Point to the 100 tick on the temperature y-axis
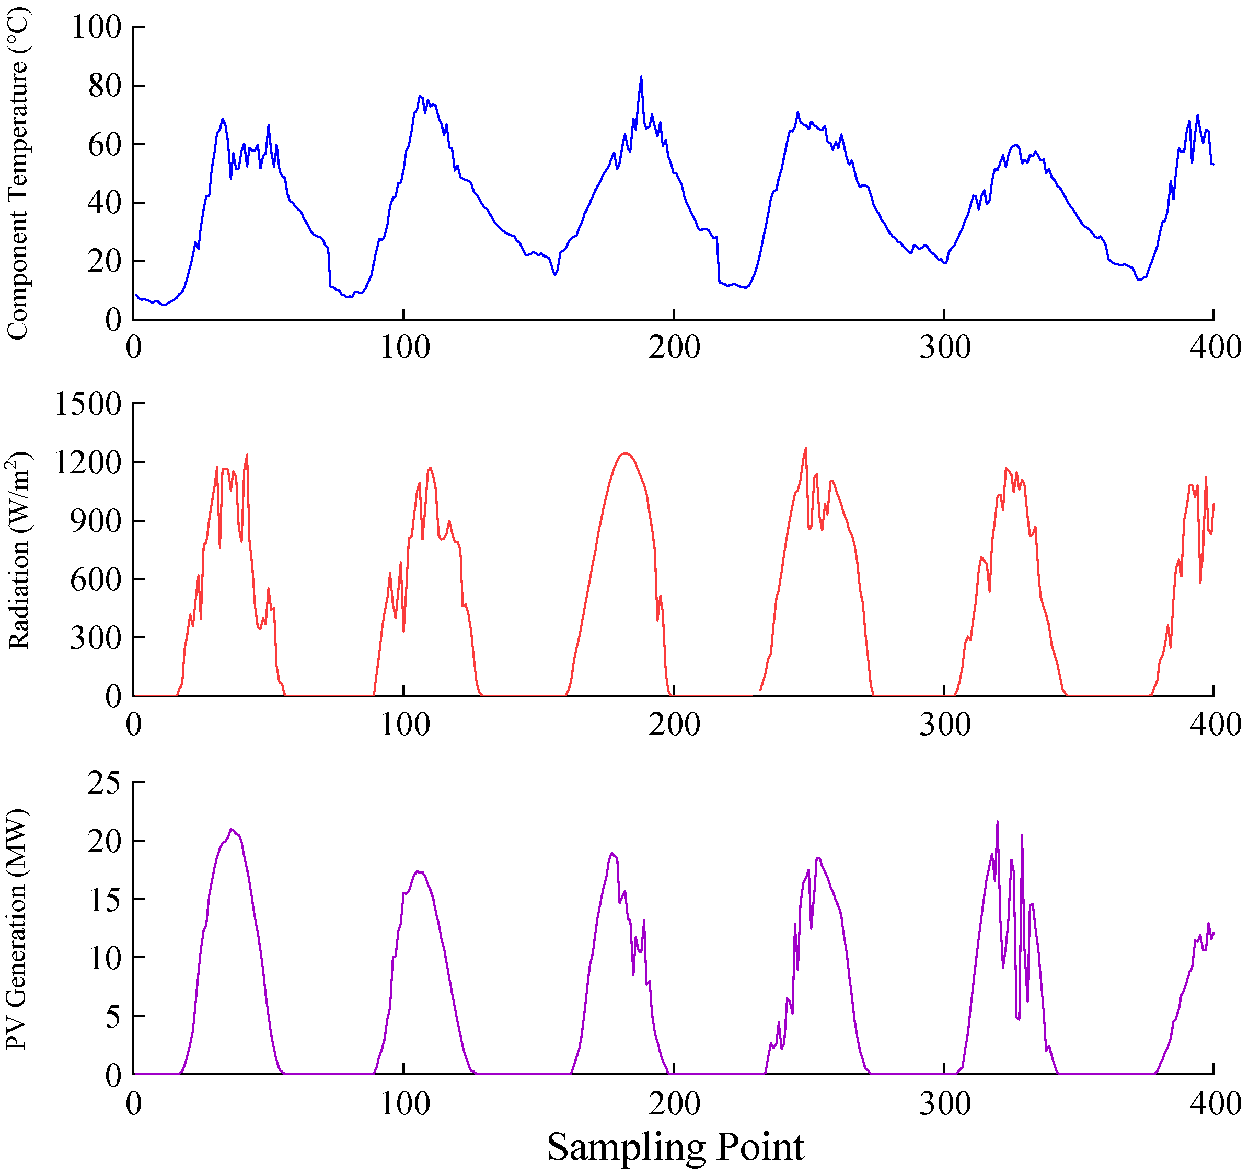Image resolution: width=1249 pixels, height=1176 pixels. click(96, 27)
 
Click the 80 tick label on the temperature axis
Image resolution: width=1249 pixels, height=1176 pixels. click(105, 86)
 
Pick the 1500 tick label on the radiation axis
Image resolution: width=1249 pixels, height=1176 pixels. click(88, 404)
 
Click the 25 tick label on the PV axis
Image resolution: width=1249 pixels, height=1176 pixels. click(105, 783)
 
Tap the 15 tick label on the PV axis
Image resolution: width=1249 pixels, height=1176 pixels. click(105, 900)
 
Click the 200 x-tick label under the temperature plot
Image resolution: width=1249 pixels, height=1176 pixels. click(674, 347)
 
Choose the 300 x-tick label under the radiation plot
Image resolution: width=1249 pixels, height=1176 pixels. click(945, 724)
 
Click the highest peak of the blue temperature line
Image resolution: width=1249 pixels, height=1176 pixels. click(641, 77)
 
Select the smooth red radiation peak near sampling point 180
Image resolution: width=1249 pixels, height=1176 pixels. click(624, 453)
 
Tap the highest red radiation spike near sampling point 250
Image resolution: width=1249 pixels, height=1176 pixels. click(805, 449)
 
